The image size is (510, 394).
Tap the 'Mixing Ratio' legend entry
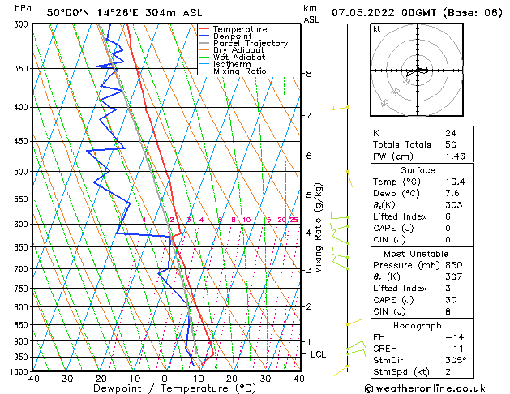point(239,71)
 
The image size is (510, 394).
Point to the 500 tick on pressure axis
point(19,172)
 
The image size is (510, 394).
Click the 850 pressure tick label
point(19,324)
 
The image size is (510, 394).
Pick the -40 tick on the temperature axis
point(31,379)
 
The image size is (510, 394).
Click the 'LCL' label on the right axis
point(319,354)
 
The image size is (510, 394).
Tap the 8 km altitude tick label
point(309,74)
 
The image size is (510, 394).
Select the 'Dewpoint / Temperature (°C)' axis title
point(165,388)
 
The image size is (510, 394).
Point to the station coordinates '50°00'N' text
point(70,12)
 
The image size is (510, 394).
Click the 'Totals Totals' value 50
point(450,144)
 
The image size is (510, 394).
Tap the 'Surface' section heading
point(418,170)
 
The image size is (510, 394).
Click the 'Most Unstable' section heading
point(418,254)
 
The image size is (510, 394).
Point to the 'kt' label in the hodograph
point(377,28)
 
